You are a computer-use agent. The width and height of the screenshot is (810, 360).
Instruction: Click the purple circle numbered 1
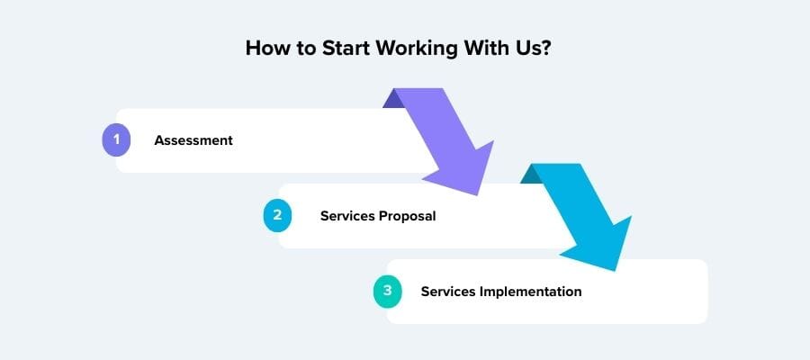(116, 140)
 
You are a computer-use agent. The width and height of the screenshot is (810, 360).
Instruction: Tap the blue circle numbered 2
(277, 215)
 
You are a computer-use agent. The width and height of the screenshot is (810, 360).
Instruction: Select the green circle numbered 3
(387, 292)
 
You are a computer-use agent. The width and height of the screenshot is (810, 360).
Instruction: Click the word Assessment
(193, 140)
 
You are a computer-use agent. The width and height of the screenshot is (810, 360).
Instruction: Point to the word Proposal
(408, 216)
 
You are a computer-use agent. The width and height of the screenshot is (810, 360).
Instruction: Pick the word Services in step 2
(347, 216)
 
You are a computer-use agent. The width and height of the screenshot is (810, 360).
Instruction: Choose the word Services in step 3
(448, 292)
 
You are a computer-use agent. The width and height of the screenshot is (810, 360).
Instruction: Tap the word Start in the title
(346, 49)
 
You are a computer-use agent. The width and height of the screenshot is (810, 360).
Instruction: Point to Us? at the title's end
(529, 49)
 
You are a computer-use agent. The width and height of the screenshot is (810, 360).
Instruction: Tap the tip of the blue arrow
(616, 270)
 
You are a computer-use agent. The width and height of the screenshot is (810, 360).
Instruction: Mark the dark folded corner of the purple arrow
(393, 99)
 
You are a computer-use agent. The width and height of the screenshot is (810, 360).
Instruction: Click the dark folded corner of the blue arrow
(531, 174)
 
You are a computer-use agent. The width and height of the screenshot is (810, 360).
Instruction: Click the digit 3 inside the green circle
(387, 291)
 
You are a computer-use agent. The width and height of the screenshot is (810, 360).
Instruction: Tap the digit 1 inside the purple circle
(116, 139)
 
